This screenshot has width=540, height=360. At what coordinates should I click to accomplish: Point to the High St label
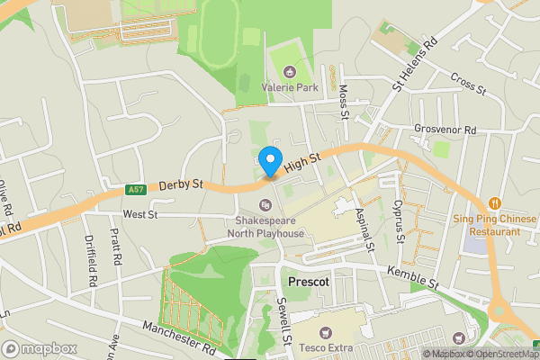(302, 162)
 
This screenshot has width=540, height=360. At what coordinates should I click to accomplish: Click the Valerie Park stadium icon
(289, 72)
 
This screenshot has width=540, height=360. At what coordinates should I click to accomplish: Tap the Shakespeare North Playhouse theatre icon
(266, 203)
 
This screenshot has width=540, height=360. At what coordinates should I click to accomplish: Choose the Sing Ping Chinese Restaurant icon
(493, 202)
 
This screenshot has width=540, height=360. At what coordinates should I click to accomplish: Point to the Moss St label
(343, 99)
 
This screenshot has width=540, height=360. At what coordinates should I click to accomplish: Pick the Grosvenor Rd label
(445, 130)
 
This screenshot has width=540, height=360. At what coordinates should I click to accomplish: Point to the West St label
(140, 215)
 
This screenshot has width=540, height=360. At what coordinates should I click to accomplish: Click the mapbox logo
(40, 348)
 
